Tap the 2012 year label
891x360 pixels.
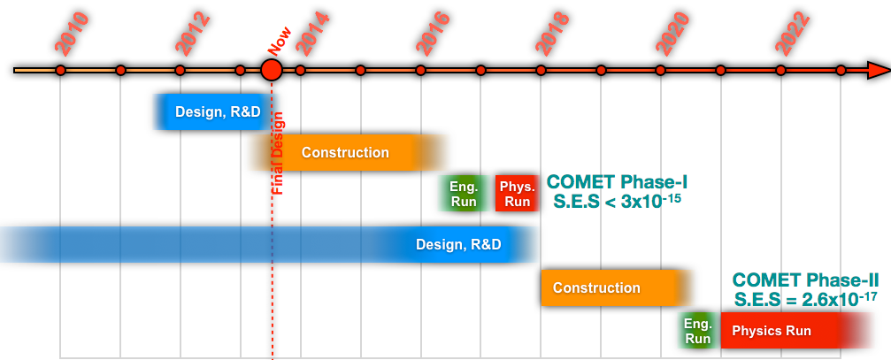point(193,34)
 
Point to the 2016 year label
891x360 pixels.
point(433,34)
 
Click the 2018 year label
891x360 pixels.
point(553,34)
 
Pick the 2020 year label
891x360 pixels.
point(672,34)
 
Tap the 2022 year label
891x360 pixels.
point(793,34)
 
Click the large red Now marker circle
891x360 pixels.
point(272,70)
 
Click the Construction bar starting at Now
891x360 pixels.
point(345,152)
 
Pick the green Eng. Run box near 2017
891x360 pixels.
point(464,194)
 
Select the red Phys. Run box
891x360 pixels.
point(517,194)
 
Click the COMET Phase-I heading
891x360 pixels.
point(617,182)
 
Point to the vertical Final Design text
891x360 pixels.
point(278,152)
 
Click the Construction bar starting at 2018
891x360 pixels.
point(611,287)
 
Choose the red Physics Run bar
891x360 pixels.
point(779,331)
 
